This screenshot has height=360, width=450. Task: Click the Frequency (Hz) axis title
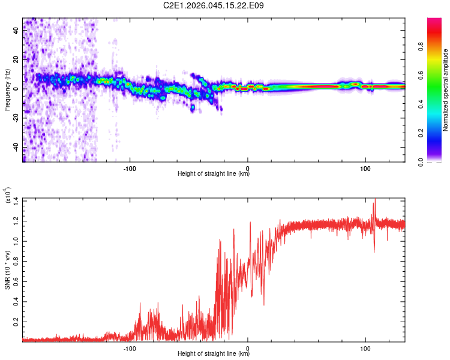coord(7,90)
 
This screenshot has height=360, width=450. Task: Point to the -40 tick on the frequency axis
coord(16,147)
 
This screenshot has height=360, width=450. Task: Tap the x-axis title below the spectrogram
coord(214,174)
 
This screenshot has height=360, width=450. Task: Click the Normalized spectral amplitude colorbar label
coord(446,90)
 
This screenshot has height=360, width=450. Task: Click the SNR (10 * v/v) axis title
coord(7,270)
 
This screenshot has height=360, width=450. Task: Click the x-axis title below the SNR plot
coord(214,354)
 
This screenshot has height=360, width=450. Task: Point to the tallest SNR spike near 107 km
coord(374,200)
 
